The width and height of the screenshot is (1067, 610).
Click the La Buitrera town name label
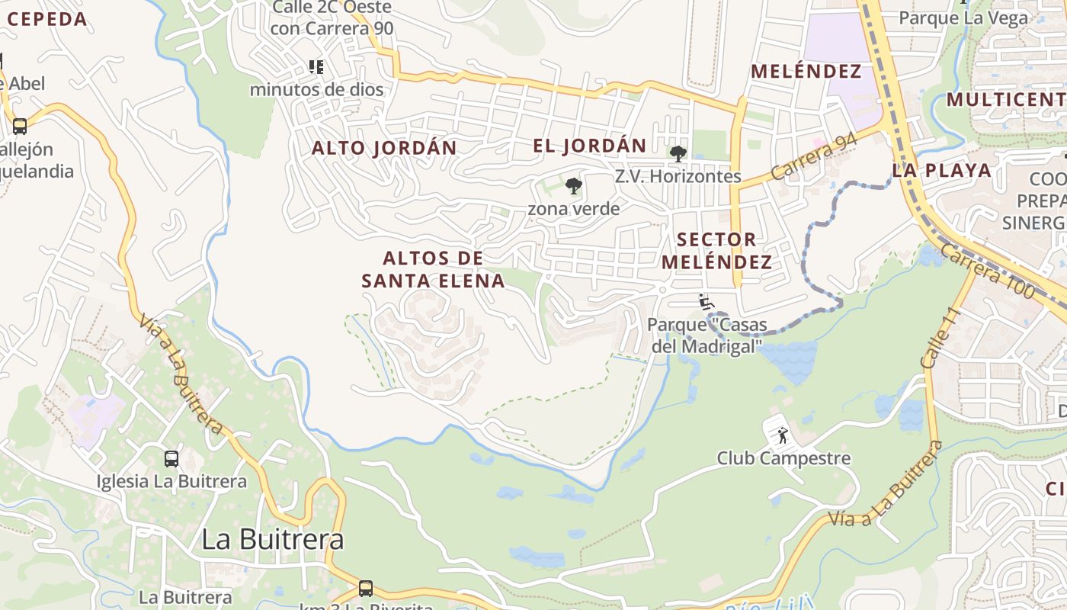click(x=272, y=539)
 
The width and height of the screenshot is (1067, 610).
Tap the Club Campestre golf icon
click(x=782, y=436)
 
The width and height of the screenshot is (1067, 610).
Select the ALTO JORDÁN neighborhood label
click(x=384, y=148)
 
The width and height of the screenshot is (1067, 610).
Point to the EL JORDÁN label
click(x=589, y=146)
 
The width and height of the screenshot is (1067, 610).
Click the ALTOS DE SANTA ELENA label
click(x=433, y=269)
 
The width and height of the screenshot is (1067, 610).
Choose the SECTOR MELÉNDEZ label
click(x=716, y=251)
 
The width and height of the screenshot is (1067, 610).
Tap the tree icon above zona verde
click(x=573, y=186)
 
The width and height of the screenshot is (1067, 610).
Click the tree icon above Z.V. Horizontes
click(x=678, y=154)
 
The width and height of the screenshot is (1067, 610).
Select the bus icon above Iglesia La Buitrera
click(x=171, y=459)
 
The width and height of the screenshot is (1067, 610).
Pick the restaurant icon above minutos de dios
click(x=316, y=67)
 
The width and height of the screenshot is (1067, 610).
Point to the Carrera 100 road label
click(x=988, y=271)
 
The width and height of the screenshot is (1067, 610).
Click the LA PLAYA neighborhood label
click(x=942, y=170)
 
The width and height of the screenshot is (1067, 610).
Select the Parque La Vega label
click(x=963, y=18)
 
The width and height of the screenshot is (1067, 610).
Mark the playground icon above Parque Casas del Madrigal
click(x=706, y=303)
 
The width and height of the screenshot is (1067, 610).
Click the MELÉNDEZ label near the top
click(x=806, y=72)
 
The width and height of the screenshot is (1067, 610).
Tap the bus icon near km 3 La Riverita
click(x=366, y=589)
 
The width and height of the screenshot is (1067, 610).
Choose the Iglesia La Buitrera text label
click(x=171, y=482)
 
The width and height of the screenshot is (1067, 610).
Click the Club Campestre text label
click(x=783, y=458)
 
